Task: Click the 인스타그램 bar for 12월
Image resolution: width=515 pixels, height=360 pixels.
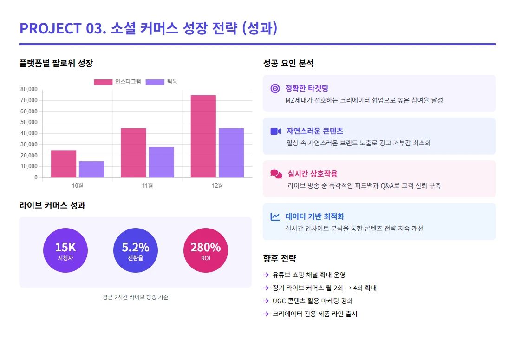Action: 203,136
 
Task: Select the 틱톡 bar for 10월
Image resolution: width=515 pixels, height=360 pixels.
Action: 91,169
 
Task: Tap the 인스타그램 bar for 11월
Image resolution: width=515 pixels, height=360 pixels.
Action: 133,152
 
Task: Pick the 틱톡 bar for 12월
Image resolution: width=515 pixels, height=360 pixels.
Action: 231,152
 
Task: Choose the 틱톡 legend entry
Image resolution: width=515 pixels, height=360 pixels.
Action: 161,82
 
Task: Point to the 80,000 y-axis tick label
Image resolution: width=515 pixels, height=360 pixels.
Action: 29,89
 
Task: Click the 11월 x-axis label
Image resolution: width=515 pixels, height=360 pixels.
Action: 147,186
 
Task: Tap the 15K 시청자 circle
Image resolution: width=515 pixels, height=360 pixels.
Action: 65,250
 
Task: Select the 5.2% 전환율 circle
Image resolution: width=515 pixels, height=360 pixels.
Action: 136,250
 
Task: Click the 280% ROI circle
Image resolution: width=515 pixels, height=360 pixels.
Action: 206,250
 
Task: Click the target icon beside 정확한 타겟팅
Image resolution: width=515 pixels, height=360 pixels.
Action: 275,88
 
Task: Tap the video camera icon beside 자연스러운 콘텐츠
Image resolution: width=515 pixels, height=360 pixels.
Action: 276,131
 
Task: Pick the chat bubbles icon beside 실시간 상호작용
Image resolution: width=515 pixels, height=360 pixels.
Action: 276,174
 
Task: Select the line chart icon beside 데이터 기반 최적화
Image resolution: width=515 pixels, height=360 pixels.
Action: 275,216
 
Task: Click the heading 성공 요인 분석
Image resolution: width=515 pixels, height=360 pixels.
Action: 288,64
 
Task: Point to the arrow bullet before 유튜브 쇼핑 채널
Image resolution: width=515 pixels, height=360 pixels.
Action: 266,275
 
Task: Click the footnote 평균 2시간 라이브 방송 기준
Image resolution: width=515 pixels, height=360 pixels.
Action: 135,297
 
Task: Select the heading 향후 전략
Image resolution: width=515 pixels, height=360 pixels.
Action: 279,258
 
